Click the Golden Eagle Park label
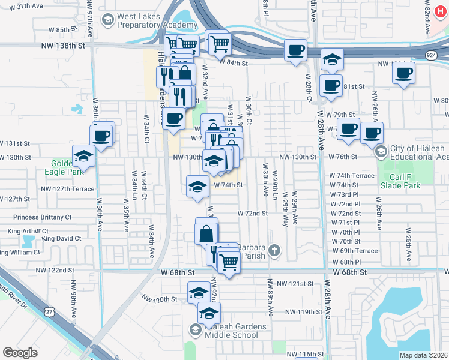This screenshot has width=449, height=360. click(61, 167)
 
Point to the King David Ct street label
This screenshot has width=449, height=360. click(61, 239)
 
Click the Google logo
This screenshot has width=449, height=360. click(20, 353)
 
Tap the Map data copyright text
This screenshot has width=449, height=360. click(424, 355)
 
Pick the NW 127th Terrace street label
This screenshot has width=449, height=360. click(68, 189)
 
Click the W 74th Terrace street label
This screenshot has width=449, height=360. click(352, 176)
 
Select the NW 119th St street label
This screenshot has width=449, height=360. click(304, 312)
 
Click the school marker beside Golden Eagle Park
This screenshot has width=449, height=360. click(83, 157)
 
